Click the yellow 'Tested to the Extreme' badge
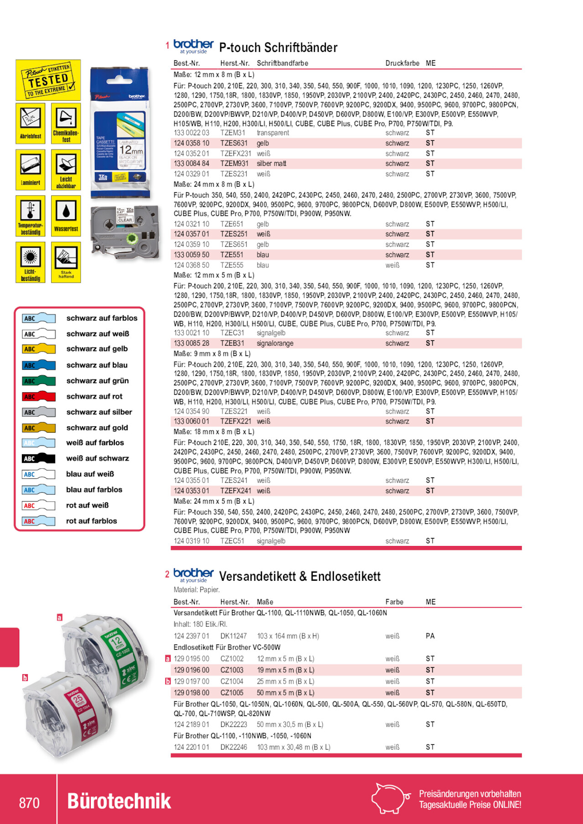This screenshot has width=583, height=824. coord(48,80)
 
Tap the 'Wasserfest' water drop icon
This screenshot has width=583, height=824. coord(66,216)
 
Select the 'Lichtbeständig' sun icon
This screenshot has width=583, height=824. coord(31,262)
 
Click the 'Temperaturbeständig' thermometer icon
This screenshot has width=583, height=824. coord(31,216)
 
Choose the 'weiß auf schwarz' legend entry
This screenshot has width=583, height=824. coord(97,458)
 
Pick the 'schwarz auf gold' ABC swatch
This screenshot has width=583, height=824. coord(39,428)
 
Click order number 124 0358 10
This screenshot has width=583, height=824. coord(191,143)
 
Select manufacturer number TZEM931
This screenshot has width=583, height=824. coord(234,164)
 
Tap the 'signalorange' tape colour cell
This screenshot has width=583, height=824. coord(275,343)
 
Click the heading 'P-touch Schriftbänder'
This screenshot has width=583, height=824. coord(278,48)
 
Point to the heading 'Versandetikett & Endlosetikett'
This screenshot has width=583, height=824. coord(299,577)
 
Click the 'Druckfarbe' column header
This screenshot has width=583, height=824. coord(402,63)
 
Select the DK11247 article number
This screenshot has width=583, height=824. coord(233,636)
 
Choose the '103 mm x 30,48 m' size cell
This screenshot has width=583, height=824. coord(293,747)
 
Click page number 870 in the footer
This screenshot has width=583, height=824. coord(29,803)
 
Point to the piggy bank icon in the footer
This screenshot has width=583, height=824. coord(390,798)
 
